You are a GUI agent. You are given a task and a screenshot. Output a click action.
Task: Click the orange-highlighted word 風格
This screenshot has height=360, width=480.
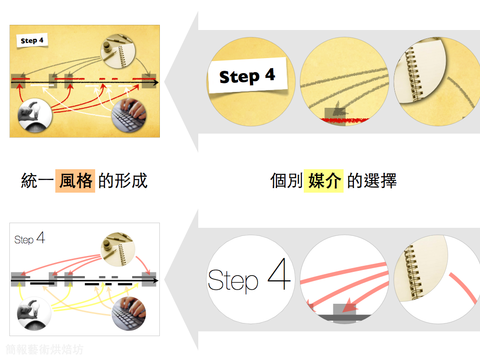[75, 180]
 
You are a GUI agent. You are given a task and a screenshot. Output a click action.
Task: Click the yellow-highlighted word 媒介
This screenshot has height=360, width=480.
[324, 180]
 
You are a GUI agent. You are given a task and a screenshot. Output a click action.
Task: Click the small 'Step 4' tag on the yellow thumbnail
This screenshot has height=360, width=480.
[32, 41]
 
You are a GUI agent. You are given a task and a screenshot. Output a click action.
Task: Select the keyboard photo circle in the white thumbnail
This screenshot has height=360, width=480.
[129, 313]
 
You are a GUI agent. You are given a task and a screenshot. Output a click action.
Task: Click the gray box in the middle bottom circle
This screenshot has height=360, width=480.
[345, 311]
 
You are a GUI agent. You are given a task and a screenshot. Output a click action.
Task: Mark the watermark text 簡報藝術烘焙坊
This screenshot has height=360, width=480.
[45, 349]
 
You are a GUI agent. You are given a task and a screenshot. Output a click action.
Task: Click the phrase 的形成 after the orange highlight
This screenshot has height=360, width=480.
[123, 180]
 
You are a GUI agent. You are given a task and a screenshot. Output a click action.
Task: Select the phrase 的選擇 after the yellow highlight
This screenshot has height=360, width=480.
[372, 180]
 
